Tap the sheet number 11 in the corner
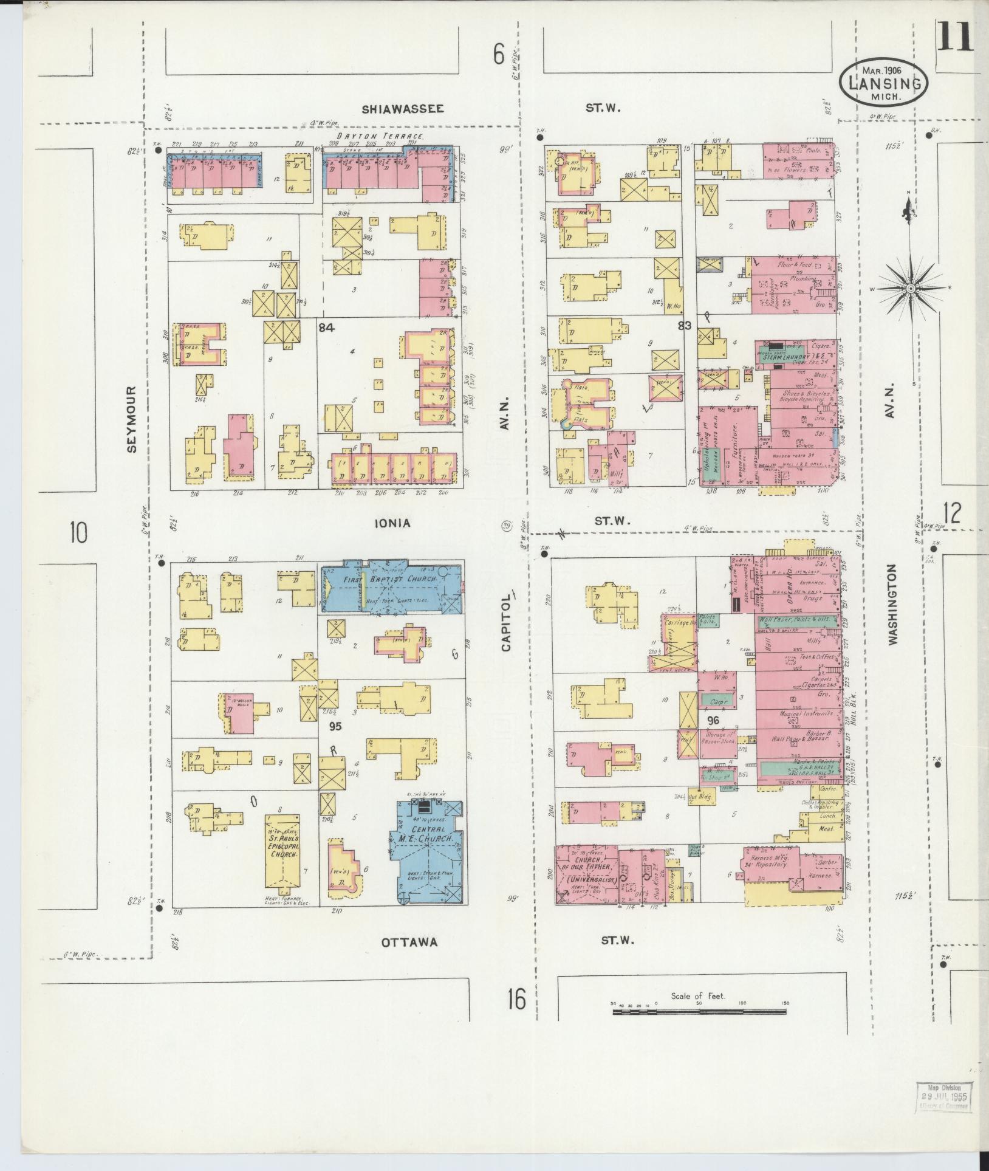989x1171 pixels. pos(954,36)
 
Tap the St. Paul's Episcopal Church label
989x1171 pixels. pos(282,845)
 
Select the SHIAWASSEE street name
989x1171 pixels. pos(403,109)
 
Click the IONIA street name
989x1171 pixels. pos(392,523)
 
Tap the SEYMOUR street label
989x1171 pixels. pos(132,419)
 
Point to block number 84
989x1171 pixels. pos(326,328)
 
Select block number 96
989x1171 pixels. pos(713,719)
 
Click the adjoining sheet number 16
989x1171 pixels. pos(516,1000)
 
